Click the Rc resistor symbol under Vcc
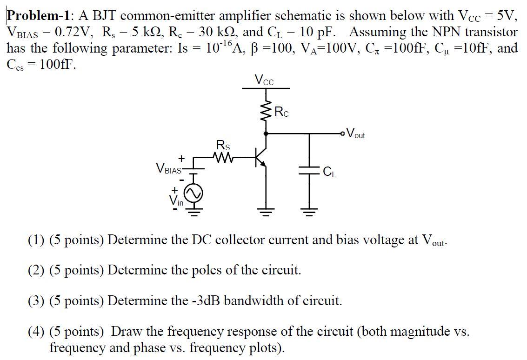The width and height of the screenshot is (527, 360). pyautogui.click(x=266, y=111)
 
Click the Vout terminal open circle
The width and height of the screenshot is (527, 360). pyautogui.click(x=343, y=133)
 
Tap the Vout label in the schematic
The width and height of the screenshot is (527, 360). pyautogui.click(x=356, y=134)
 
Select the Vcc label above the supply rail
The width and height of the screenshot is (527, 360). pyautogui.click(x=264, y=80)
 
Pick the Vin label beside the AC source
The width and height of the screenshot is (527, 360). pyautogui.click(x=176, y=201)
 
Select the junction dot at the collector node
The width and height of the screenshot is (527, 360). pyautogui.click(x=266, y=133)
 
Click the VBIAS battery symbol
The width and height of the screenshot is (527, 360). pyautogui.click(x=193, y=168)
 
